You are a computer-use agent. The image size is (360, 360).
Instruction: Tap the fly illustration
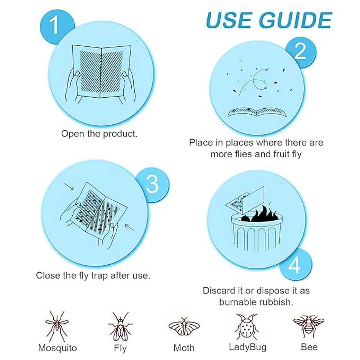[x=120, y=327]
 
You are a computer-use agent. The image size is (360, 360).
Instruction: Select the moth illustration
[x=184, y=327]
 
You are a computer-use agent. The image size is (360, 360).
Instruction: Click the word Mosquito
[x=57, y=348]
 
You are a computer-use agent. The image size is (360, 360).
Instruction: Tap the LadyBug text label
[x=247, y=347]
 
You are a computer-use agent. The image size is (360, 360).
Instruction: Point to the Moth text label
[x=184, y=348]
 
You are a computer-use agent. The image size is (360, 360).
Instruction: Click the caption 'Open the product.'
[x=99, y=134]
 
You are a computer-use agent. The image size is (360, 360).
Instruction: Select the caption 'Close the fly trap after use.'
[x=93, y=275]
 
